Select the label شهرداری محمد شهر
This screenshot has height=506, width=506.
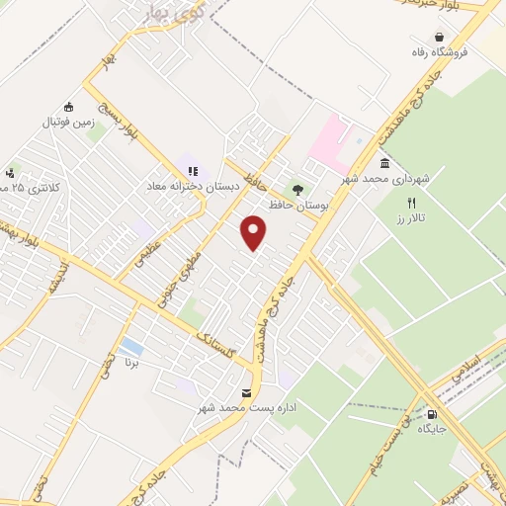(x=386, y=180)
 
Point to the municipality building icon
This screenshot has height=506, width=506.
(x=384, y=163)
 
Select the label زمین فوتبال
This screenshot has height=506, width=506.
(x=65, y=123)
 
